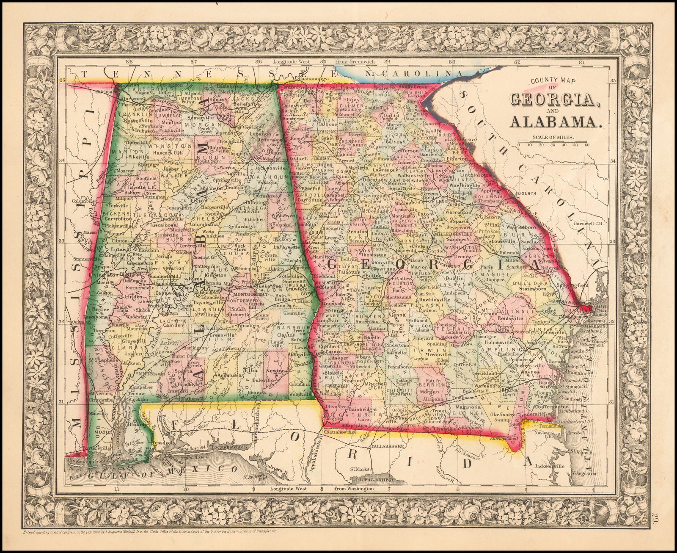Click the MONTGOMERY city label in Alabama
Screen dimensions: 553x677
pyautogui.click(x=250, y=294)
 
